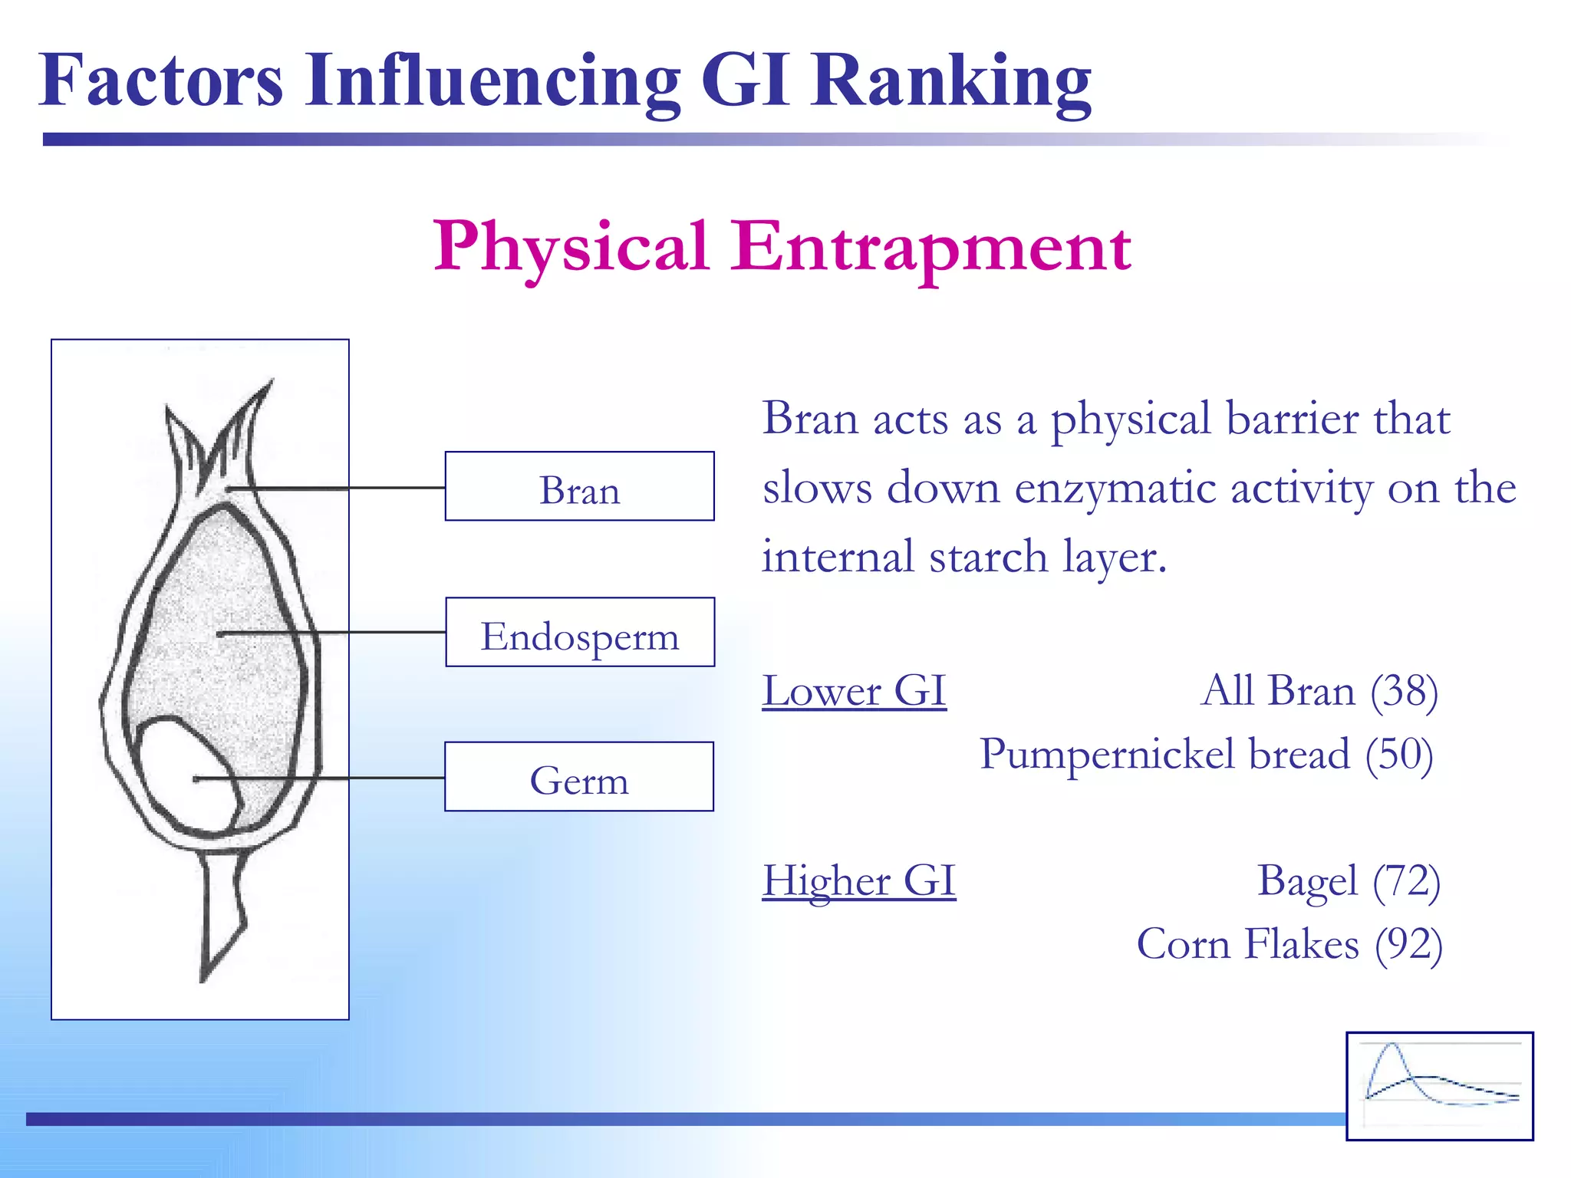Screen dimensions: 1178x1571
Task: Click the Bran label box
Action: pos(579,487)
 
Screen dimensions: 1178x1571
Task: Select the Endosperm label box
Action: pos(579,633)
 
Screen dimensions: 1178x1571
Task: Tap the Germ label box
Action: pos(579,777)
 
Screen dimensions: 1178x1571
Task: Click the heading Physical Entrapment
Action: pos(782,248)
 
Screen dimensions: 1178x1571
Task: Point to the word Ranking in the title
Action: pos(951,81)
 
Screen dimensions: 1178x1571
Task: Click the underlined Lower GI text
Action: pos(854,691)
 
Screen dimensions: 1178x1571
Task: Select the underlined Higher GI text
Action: pos(858,880)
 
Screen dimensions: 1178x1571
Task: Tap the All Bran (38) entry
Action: pos(1319,691)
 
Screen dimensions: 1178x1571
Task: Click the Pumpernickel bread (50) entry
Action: pos(1206,755)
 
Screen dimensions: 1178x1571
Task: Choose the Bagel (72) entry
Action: pos(1348,880)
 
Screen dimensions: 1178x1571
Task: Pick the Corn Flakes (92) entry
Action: pos(1289,944)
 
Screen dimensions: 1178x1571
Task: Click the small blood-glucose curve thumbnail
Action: pos(1439,1085)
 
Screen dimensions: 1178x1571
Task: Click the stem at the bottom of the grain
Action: pos(222,913)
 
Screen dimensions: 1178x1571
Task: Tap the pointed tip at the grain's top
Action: pos(261,399)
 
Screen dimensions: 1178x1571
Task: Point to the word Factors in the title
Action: pos(161,81)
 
